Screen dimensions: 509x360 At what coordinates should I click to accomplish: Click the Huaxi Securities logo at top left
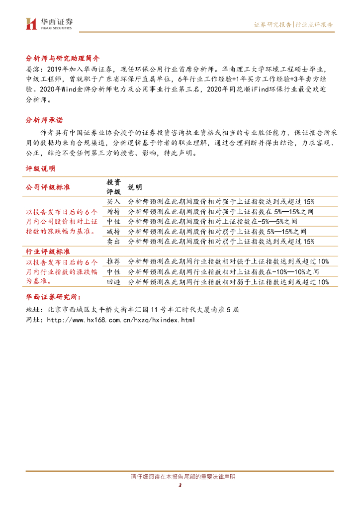(49, 23)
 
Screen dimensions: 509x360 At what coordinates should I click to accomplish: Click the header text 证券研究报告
(272, 24)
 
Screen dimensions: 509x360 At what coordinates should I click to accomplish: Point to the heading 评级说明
(41, 169)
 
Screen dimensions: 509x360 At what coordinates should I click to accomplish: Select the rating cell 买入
(114, 201)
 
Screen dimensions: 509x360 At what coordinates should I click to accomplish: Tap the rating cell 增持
(114, 211)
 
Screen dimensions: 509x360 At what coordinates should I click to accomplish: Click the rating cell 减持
(114, 231)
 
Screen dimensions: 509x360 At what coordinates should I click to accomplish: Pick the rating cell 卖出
(114, 241)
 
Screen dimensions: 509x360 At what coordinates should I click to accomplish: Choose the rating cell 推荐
(114, 261)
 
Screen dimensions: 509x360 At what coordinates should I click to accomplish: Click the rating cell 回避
(114, 282)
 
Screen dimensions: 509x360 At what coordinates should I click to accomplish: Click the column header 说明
(135, 187)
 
